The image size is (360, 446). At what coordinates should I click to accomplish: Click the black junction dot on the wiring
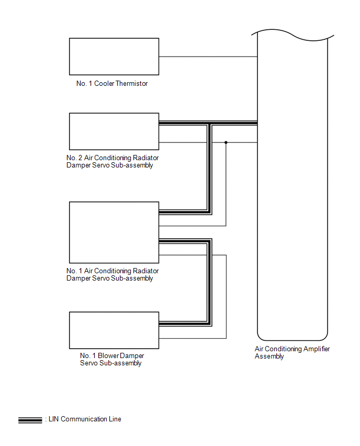point(226,142)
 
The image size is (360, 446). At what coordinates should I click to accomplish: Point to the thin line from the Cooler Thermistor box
point(208,57)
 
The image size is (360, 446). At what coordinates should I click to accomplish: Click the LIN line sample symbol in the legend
point(30,420)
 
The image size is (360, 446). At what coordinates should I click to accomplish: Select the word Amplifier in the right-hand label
point(317,349)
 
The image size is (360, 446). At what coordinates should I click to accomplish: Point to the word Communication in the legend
point(84,419)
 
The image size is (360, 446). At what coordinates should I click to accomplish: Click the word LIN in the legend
point(54,419)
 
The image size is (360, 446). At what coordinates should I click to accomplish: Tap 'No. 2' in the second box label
point(74,158)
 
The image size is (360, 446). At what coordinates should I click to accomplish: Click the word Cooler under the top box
point(104,83)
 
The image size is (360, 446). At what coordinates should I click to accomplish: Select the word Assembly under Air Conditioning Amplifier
point(269,356)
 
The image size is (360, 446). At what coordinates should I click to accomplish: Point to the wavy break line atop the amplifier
point(293,35)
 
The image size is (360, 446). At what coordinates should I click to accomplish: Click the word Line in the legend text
point(115,419)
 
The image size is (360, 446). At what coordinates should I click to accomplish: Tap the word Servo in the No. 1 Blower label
point(89,363)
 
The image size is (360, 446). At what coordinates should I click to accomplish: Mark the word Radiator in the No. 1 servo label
point(145,271)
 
